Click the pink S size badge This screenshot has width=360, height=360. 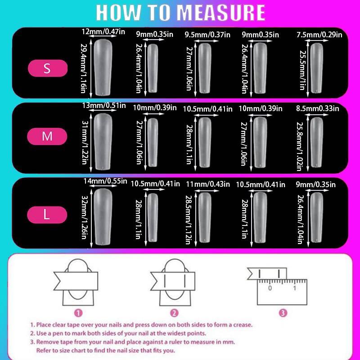click(48, 68)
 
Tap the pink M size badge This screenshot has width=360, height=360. click(47, 136)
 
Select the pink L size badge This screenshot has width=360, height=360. click(47, 215)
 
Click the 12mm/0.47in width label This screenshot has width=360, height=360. click(103, 31)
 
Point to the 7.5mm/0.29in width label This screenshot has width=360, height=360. click(319, 35)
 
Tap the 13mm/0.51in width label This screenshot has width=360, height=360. click(104, 105)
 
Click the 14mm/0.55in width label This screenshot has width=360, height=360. click(105, 181)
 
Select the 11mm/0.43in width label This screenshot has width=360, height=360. click(208, 184)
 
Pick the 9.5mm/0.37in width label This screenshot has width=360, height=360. click(207, 35)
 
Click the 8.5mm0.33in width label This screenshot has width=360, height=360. click(318, 108)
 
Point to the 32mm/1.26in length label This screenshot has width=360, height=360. click(85, 217)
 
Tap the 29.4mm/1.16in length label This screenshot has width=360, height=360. click(84, 68)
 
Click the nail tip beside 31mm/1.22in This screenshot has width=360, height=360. click(103, 142)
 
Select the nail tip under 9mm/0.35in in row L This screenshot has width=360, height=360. click(317, 217)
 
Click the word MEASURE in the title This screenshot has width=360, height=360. click(221, 13)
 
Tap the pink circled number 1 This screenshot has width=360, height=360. click(78, 313)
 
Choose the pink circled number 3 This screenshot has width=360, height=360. click(283, 313)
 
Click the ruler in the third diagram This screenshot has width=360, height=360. click(282, 292)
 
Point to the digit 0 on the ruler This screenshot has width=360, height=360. click(270, 288)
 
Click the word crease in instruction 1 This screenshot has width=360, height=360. click(243, 324)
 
